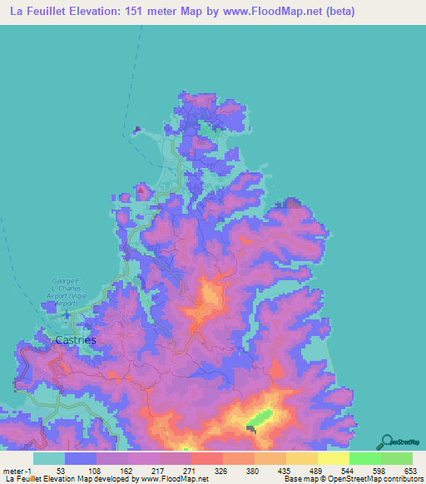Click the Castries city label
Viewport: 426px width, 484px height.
pos(75,339)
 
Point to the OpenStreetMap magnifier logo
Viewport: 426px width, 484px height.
pos(388,441)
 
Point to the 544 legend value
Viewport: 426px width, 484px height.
pos(334,471)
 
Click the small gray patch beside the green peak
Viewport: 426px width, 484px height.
pos(251,428)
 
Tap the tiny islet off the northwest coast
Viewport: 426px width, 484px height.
pos(136,129)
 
